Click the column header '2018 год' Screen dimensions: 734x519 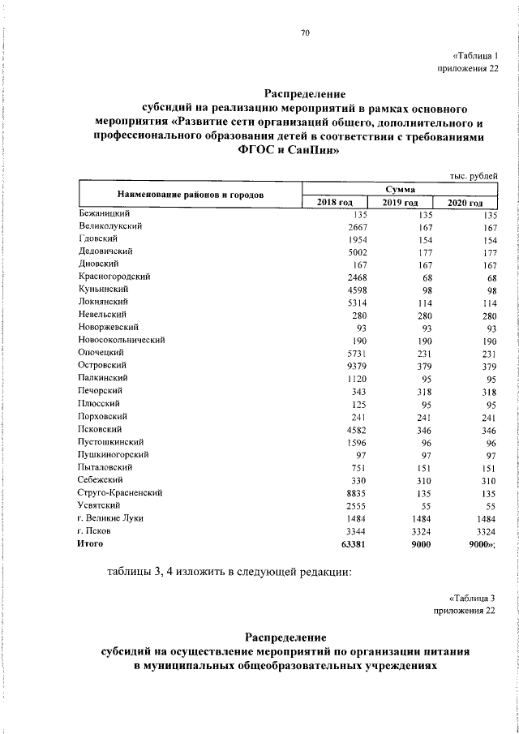[334, 202]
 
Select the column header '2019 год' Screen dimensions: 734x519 [400, 202]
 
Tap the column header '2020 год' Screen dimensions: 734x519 [465, 202]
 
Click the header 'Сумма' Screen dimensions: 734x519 [400, 188]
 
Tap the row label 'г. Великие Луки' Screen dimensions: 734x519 [110, 517]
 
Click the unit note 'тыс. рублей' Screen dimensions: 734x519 [473, 176]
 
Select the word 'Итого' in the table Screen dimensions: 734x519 [91, 544]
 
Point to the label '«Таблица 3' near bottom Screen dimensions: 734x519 [471, 598]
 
